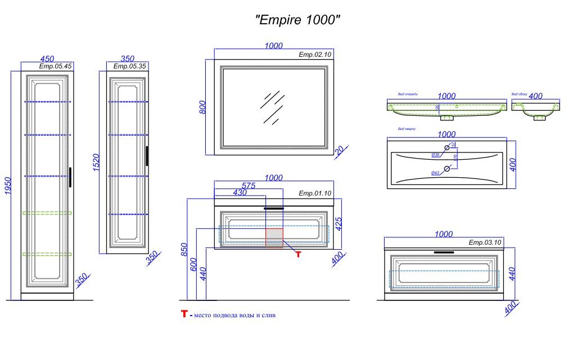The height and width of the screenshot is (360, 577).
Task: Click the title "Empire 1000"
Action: point(297,20)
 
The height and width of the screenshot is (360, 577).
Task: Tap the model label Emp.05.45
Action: point(55,66)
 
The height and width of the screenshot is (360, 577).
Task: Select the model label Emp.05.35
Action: point(130,66)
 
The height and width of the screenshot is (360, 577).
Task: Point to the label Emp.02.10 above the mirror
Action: point(315,55)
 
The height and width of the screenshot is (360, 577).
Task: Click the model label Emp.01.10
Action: point(315,193)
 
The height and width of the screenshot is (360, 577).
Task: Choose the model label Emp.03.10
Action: point(485,243)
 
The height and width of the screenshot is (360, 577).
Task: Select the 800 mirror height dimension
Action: point(202,107)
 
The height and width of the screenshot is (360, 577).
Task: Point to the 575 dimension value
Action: point(248,186)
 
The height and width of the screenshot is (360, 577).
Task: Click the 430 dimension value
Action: point(240,193)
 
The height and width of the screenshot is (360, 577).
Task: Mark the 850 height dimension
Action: point(183,249)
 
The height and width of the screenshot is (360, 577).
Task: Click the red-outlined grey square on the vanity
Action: point(274,237)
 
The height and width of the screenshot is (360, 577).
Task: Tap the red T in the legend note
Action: point(183,314)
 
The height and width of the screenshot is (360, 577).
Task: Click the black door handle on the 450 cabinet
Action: point(70,177)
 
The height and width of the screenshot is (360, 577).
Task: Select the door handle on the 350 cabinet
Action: point(147,156)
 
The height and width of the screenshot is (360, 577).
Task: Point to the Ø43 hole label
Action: point(435,173)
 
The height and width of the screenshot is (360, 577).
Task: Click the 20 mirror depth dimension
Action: point(339,150)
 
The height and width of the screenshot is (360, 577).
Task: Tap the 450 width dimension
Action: point(47,59)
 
